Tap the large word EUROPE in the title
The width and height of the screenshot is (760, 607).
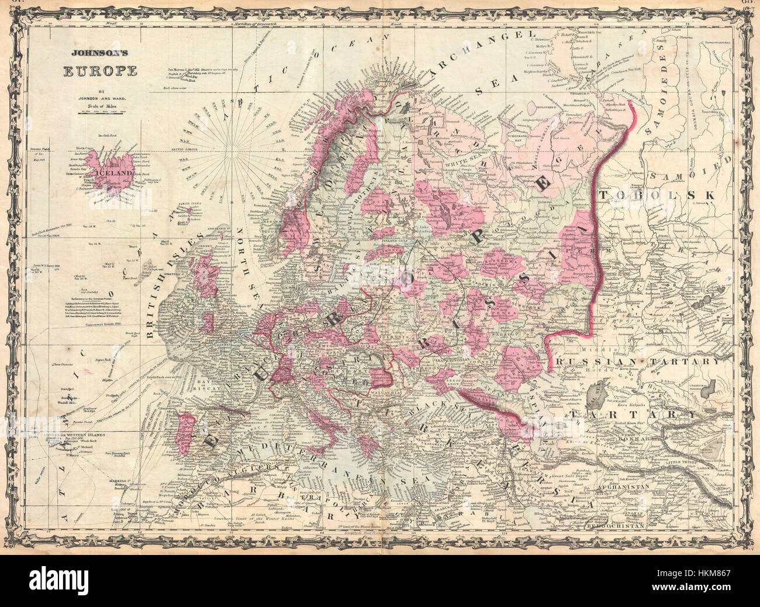tap(100, 71)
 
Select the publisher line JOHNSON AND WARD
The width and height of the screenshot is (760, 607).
tap(100, 98)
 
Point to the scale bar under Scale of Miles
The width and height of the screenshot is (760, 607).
tap(100, 112)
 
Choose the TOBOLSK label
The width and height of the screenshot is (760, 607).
tap(657, 195)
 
